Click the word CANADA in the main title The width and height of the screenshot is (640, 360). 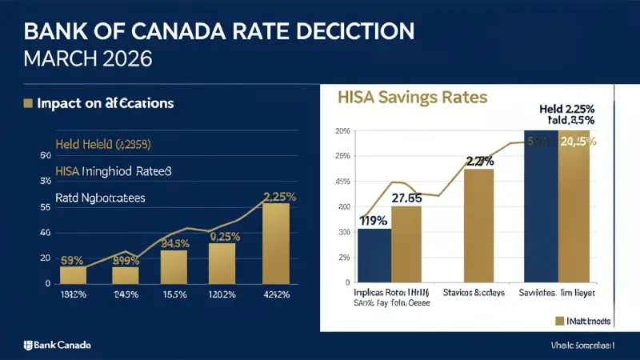tap(174, 33)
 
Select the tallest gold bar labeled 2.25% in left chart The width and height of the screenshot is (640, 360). tap(275, 243)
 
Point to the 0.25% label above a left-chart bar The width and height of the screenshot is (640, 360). tap(225, 236)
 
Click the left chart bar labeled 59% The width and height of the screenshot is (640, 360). tap(73, 274)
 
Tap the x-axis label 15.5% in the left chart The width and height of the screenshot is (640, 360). tap(174, 295)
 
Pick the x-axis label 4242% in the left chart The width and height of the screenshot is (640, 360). tap(275, 295)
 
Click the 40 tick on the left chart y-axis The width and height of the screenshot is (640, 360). tap(46, 233)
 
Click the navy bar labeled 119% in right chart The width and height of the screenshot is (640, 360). tap(374, 256)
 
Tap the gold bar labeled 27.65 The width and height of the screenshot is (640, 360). tap(406, 244)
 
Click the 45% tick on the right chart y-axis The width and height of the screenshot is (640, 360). tap(342, 182)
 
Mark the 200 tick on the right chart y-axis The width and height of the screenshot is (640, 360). tap(342, 207)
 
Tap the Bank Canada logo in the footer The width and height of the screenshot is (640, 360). tap(58, 345)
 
